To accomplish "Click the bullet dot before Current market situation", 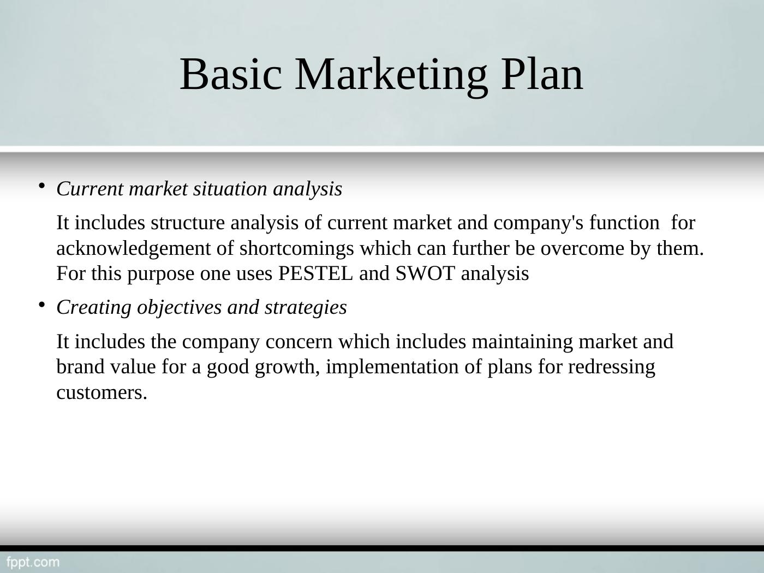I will pos(41,186).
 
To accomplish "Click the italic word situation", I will pos(230,189).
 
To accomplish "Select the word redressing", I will pos(611,367).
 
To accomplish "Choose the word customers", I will pos(102,393).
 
